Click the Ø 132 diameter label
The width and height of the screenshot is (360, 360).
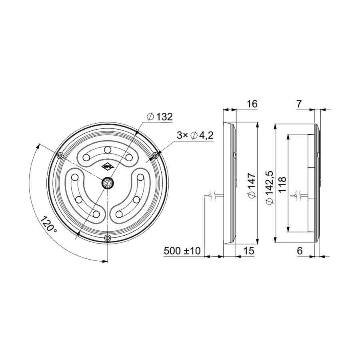[160, 117]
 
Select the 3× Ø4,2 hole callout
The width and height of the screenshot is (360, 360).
[195, 136]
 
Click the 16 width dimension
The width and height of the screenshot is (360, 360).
[252, 104]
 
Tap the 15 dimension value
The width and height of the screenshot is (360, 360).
[249, 251]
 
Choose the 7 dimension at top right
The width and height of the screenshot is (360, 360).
[299, 104]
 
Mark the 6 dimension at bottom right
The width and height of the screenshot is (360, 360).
[299, 251]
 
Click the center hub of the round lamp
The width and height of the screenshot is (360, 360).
[108, 183]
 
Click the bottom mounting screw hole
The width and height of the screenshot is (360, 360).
[108, 238]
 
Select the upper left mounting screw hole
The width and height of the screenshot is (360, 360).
[60, 155]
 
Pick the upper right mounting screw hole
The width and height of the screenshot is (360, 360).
[156, 155]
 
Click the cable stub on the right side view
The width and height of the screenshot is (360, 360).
[299, 196]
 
